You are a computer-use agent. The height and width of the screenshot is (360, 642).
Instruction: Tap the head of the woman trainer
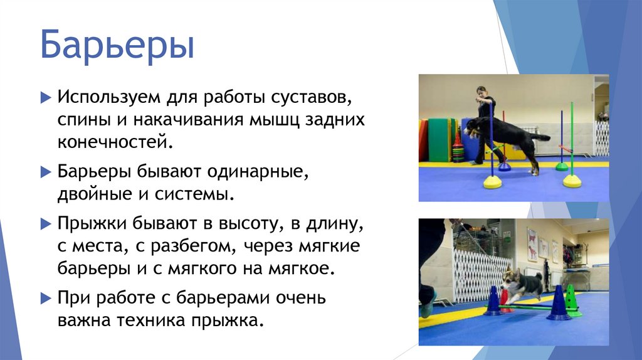click(x=481, y=92)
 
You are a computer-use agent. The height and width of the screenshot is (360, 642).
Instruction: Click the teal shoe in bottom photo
click(x=428, y=309)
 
